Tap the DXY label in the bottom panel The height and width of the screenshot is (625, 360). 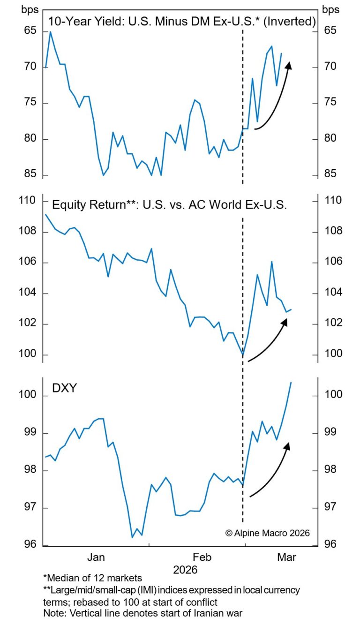pos(64,389)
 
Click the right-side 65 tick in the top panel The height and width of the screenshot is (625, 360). pos(330,31)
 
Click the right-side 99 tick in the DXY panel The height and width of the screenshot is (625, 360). pos(330,433)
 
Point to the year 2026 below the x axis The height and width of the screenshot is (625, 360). pos(186,570)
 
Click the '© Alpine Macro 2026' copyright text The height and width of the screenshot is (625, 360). pos(268,533)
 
